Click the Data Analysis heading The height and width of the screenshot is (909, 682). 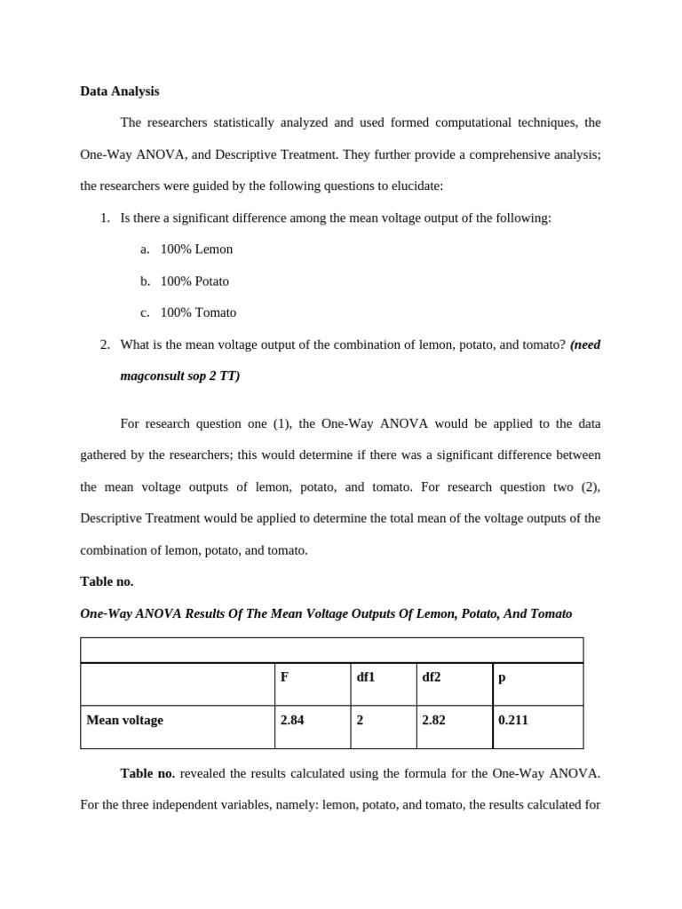coord(120,91)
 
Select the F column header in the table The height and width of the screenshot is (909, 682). coord(284,677)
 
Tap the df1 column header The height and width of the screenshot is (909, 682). coord(366,677)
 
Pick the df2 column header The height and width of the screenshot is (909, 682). coord(432,677)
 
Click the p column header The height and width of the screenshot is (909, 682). coord(502,677)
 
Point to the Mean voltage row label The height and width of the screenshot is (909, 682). coord(125,720)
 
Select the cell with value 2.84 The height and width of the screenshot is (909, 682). coord(292,720)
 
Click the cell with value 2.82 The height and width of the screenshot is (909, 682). coord(434,720)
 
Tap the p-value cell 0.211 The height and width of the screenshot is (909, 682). coord(513,720)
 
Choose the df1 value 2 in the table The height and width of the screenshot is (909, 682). coord(360,720)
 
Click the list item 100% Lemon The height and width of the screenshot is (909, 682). coord(196,249)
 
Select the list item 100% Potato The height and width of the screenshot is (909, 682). coord(194,281)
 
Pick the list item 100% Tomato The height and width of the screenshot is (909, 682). coord(198,312)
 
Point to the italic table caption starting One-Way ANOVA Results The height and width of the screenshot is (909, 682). coord(326,613)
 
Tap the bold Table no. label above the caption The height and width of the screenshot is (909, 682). coord(107,581)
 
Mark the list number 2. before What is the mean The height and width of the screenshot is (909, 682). coord(106,344)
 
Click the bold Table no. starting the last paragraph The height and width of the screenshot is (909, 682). coord(147,773)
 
